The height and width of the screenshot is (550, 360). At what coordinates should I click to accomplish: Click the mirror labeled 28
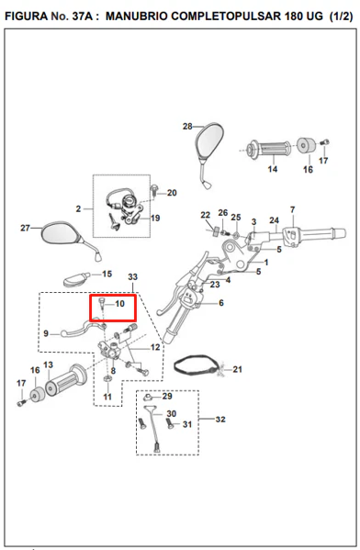coord(209,144)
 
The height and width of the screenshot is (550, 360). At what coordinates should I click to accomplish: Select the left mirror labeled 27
coord(62,233)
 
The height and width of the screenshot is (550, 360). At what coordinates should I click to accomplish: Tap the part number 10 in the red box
coord(120,303)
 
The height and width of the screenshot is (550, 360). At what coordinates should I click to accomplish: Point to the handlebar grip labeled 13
coord(66,380)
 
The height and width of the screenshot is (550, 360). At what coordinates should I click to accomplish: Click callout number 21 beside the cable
coord(238,369)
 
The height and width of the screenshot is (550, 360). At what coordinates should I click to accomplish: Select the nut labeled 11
coord(108,379)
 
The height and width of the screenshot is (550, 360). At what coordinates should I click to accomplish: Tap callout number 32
coord(220,420)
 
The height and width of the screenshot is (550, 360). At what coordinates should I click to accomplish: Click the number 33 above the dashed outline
coord(132,276)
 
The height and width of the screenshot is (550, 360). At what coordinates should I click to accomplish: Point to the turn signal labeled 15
coord(76,278)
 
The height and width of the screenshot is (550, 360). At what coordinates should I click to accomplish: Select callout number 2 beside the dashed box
coord(78,209)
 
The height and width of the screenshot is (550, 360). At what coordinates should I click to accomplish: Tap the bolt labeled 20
coord(153,189)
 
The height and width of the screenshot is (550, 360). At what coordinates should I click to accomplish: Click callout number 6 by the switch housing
coord(221,303)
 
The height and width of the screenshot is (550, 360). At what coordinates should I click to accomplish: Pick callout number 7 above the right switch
coord(293,209)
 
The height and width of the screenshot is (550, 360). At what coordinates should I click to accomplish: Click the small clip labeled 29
coord(148,397)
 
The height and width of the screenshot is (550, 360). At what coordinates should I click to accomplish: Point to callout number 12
coord(155,347)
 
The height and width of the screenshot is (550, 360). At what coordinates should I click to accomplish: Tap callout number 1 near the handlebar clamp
coord(266,262)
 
